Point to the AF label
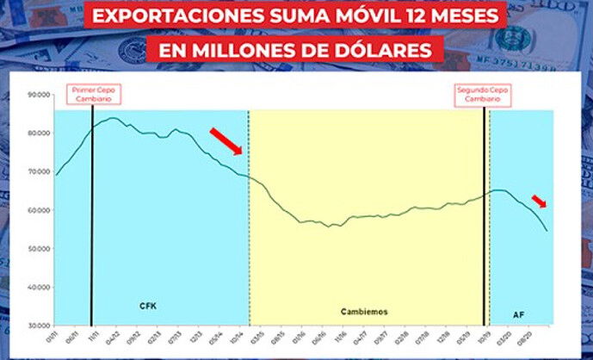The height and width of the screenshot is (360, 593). point(519,315)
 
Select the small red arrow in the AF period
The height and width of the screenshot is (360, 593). point(539,202)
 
